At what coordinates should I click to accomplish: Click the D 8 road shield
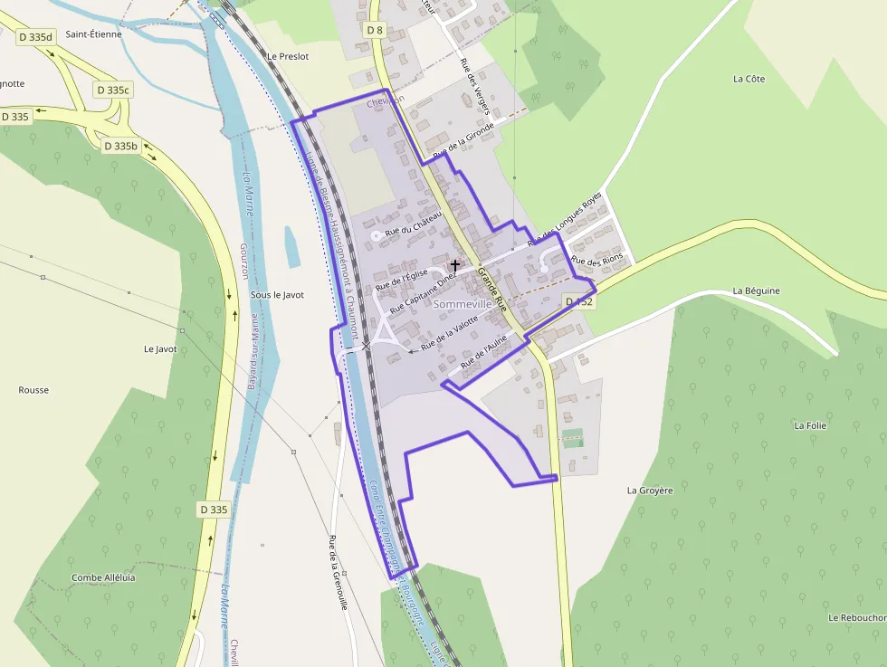point(375,30)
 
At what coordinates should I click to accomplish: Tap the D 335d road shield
point(36,37)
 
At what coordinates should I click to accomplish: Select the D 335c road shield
point(114,90)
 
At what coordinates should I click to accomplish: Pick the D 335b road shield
point(120,146)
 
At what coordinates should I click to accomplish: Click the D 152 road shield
point(578,301)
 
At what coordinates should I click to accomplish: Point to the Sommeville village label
point(463,304)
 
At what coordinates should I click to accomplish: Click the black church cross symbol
point(454,265)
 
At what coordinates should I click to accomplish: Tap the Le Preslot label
point(288,56)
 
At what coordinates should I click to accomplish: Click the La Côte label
point(749,79)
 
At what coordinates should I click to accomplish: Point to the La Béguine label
point(756,291)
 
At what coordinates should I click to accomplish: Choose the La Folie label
point(811,424)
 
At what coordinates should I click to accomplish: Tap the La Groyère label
point(650,491)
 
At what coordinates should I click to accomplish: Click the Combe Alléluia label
point(103,577)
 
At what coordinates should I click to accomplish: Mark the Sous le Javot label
point(277,295)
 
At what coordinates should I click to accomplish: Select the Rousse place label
point(33,390)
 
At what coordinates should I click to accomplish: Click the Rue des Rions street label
point(598,262)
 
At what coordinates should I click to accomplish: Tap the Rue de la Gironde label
point(463,141)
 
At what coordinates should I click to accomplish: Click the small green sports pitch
point(571,441)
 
